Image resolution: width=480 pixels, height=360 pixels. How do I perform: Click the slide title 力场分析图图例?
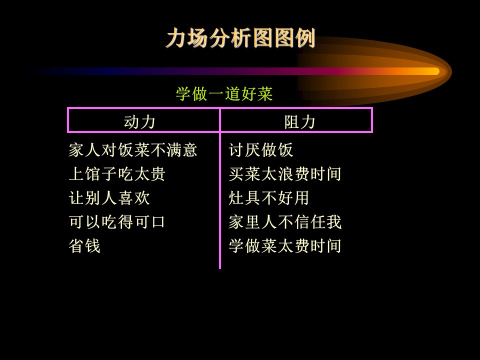240,38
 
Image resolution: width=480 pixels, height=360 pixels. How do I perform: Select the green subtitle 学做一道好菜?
224,93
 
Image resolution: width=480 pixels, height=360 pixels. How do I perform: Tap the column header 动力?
139,122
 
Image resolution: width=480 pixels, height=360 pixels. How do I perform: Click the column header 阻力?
299,122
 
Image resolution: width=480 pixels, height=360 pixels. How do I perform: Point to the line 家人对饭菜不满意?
133,150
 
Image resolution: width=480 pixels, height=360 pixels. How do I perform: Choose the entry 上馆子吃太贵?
117,174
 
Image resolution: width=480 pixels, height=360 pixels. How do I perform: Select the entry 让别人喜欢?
109,198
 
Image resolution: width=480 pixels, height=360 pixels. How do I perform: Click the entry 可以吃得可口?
117,222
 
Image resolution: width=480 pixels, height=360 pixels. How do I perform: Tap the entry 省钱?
84,246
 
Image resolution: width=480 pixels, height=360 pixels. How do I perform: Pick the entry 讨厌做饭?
261,150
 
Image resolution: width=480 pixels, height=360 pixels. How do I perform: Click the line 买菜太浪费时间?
285,174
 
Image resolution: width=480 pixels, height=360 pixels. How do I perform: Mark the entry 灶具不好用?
269,198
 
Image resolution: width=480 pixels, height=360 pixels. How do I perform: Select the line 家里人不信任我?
285,222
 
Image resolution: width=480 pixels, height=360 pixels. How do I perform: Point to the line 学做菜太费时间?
285,246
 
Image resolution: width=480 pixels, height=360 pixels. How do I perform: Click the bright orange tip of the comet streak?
434,71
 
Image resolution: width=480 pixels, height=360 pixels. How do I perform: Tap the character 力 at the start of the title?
176,38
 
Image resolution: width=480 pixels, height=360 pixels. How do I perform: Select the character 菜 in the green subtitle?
265,93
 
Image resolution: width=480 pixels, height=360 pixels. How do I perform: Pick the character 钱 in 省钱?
93,246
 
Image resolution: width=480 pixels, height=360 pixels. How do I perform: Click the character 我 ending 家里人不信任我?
333,222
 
